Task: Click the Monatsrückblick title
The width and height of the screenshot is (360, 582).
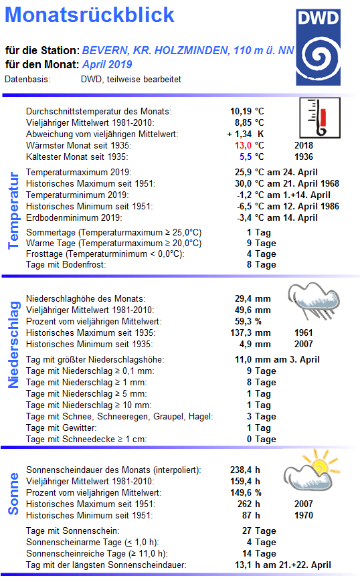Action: (93, 15)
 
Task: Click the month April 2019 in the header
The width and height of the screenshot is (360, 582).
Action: (107, 65)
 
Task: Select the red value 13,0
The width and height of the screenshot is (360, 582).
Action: (242, 145)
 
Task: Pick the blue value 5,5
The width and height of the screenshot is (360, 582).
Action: (245, 157)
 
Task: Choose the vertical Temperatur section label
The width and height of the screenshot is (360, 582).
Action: (13, 211)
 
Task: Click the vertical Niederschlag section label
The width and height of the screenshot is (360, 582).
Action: (13, 345)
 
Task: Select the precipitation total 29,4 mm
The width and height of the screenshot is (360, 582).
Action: (250, 298)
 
